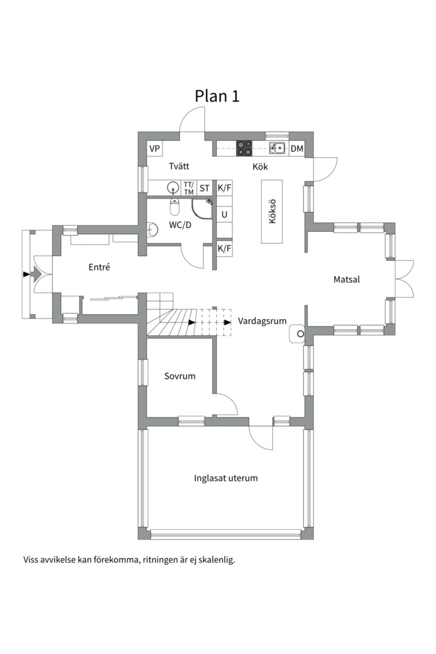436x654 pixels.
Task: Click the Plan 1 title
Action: pyautogui.click(x=217, y=96)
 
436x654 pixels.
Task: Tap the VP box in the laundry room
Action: pyautogui.click(x=155, y=148)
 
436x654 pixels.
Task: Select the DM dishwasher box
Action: pyautogui.click(x=297, y=148)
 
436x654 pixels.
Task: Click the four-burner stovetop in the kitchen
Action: pyautogui.click(x=245, y=148)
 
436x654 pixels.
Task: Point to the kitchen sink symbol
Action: pyautogui.click(x=277, y=148)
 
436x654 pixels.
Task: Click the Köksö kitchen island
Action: pyautogui.click(x=272, y=211)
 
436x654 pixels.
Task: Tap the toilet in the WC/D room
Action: pyautogui.click(x=175, y=205)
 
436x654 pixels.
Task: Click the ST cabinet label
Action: pyautogui.click(x=205, y=188)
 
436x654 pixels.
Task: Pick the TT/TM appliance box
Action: pyautogui.click(x=188, y=188)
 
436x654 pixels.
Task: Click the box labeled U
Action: pyautogui.click(x=225, y=215)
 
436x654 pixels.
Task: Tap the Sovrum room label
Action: pyautogui.click(x=179, y=376)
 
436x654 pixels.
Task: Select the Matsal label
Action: pyautogui.click(x=346, y=279)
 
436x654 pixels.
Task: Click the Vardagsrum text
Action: pyautogui.click(x=262, y=321)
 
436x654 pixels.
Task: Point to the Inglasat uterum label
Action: pyautogui.click(x=226, y=478)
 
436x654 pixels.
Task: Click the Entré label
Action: pyautogui.click(x=99, y=267)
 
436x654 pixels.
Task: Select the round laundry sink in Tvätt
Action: pyautogui.click(x=173, y=187)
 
